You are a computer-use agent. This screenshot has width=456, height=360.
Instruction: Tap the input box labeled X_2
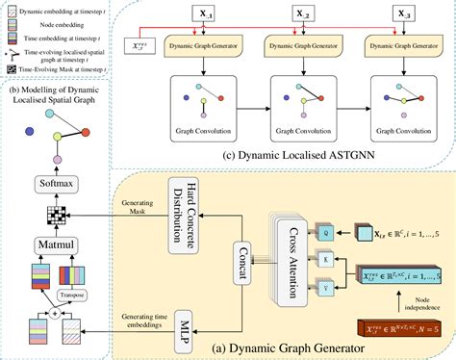(312, 16)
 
